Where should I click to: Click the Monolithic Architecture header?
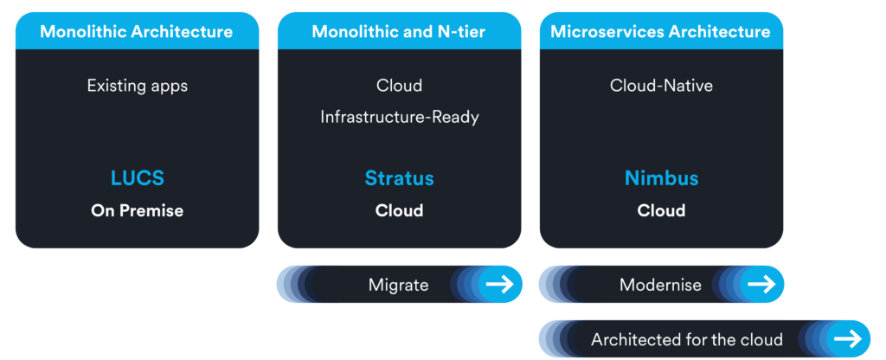pyautogui.click(x=137, y=32)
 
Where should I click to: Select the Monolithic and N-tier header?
pyautogui.click(x=399, y=32)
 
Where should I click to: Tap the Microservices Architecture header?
pyautogui.click(x=661, y=32)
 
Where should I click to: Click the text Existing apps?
pyautogui.click(x=137, y=86)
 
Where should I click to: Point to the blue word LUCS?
pyautogui.click(x=137, y=178)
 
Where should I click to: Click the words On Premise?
pyautogui.click(x=137, y=210)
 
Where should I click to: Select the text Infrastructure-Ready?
pyautogui.click(x=399, y=117)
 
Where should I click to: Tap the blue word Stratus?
pyautogui.click(x=399, y=178)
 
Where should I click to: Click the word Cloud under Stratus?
pyautogui.click(x=399, y=210)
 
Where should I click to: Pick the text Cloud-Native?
pyautogui.click(x=661, y=86)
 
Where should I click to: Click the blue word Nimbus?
pyautogui.click(x=661, y=178)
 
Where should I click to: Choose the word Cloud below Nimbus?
pyautogui.click(x=661, y=210)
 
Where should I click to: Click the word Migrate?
pyautogui.click(x=398, y=285)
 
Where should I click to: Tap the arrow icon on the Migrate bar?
pyautogui.click(x=499, y=284)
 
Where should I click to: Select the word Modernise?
pyautogui.click(x=660, y=285)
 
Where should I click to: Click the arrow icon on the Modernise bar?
pyautogui.click(x=761, y=284)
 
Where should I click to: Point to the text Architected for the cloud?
pyautogui.click(x=686, y=339)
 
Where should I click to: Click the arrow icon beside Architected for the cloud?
pyautogui.click(x=847, y=338)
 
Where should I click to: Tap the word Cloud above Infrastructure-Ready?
pyautogui.click(x=399, y=86)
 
